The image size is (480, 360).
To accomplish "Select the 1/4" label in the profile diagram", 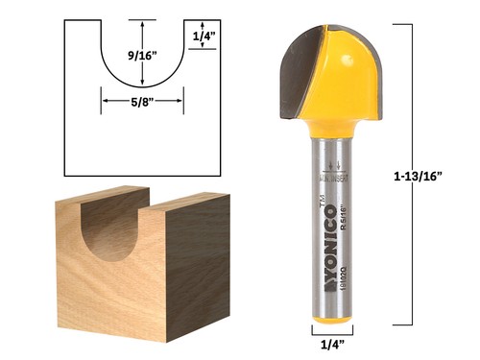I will (204, 36).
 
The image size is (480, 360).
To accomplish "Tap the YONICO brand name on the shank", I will (323, 240).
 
